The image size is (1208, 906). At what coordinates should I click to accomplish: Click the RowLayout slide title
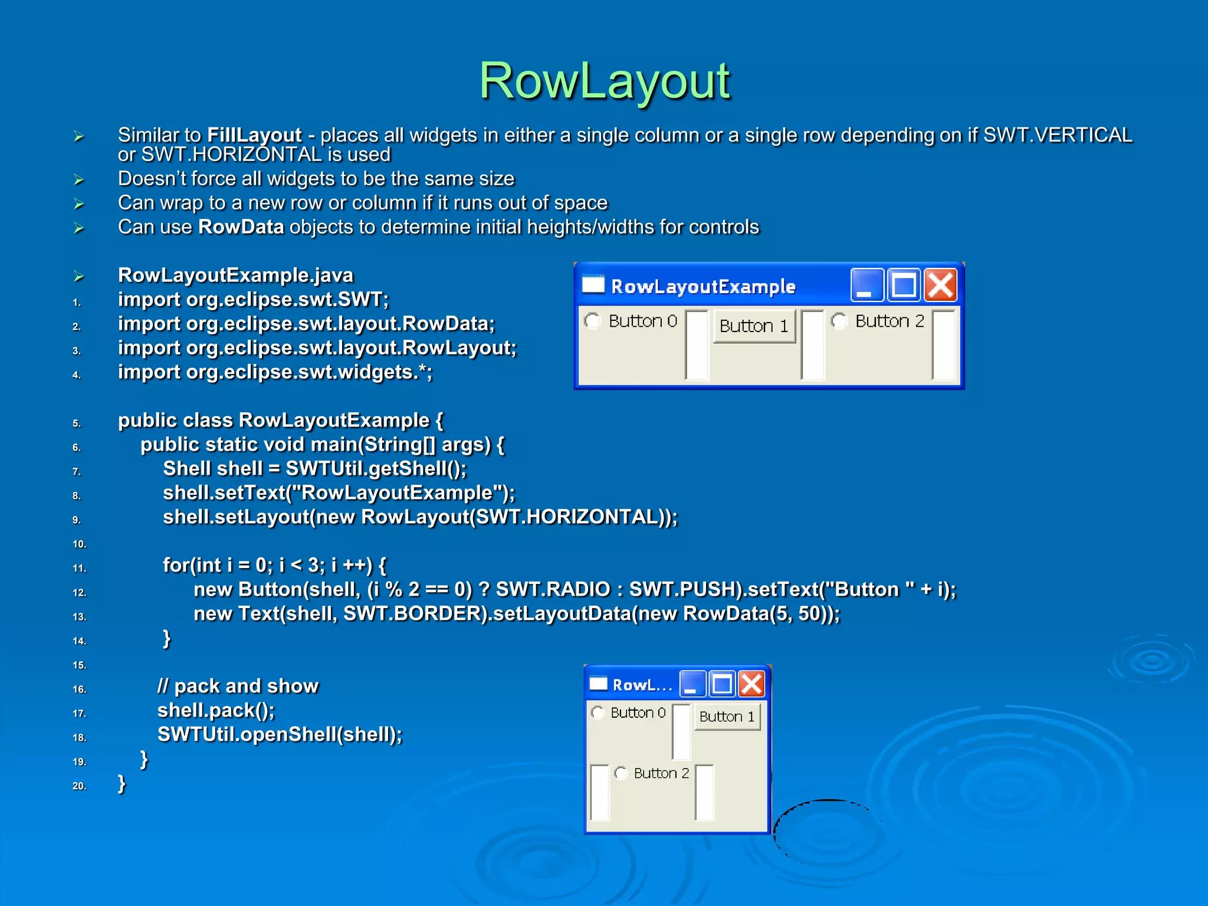pos(604,81)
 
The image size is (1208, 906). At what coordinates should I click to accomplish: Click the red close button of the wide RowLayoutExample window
pos(940,285)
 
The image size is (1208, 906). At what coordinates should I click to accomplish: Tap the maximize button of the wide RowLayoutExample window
pos(903,285)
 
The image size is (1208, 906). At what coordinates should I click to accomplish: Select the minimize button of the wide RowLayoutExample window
pos(866,285)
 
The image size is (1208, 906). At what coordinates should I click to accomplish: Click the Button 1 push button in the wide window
pos(754,326)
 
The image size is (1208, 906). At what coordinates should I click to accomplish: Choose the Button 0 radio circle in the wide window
pos(592,321)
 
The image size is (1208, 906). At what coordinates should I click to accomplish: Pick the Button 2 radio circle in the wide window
pos(839,321)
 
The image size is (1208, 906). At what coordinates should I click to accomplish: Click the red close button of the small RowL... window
pos(751,684)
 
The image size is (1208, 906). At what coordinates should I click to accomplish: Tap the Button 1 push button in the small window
pos(727,717)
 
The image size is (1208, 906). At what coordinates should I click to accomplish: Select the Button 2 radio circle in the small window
pos(621,773)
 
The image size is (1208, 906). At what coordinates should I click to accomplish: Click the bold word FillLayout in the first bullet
pos(254,135)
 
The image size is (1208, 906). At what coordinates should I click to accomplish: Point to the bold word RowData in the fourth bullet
pos(241,227)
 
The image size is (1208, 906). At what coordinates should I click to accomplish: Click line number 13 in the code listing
pos(79,617)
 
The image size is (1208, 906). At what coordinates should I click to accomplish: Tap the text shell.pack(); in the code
pos(216,710)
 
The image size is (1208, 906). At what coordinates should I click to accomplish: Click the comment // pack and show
pos(238,686)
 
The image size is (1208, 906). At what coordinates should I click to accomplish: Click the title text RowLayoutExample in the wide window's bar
pos(703,287)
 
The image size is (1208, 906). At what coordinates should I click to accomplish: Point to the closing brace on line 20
pos(122,783)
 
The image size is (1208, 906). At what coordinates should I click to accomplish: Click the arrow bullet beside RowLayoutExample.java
pos(79,276)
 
